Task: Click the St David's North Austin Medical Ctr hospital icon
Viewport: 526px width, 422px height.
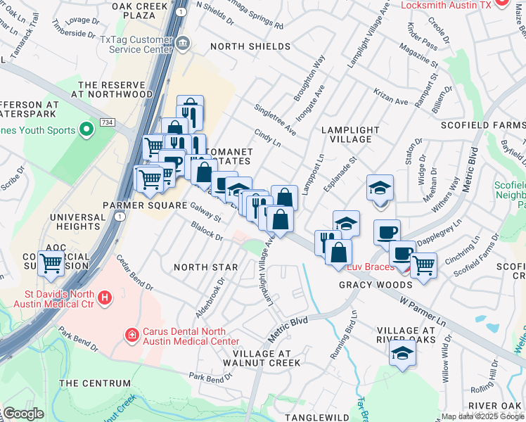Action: click(x=104, y=298)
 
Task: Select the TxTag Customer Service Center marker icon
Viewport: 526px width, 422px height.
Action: click(x=183, y=44)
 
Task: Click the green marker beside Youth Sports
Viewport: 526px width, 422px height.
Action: click(x=86, y=129)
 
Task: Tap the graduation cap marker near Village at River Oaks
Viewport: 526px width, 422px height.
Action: click(x=402, y=353)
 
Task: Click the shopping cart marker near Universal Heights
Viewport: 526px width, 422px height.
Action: click(x=51, y=264)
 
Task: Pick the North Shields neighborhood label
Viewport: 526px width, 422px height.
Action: click(x=251, y=46)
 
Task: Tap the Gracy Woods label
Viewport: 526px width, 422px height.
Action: click(x=376, y=285)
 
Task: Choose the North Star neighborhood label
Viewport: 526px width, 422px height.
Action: click(x=205, y=267)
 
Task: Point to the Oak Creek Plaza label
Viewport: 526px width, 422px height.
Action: click(x=143, y=10)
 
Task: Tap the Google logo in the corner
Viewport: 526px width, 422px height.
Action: click(x=24, y=414)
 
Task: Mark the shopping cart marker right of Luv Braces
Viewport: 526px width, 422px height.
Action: click(x=423, y=265)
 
